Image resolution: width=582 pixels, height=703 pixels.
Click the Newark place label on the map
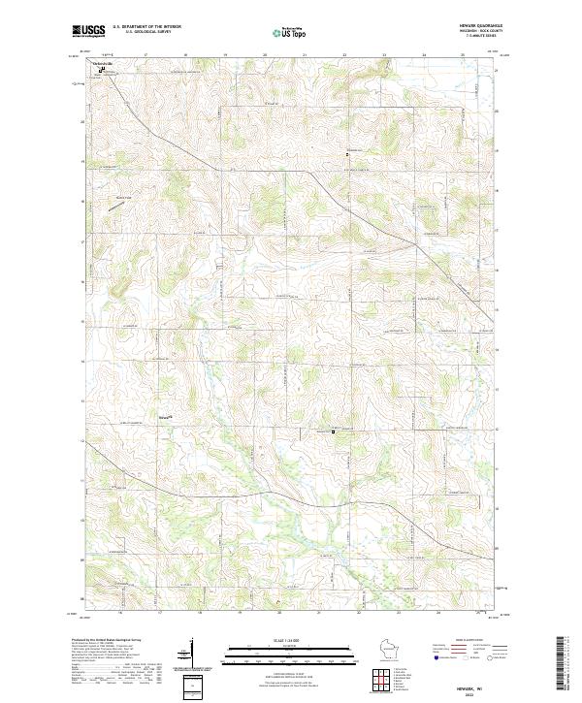coord(164,418)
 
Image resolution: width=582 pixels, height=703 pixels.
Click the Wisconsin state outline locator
coord(392,649)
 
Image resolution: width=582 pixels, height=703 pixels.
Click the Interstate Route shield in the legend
coord(433,657)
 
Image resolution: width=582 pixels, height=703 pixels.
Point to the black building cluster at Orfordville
coord(101,69)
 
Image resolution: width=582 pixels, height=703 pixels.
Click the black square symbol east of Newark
coord(334,431)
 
